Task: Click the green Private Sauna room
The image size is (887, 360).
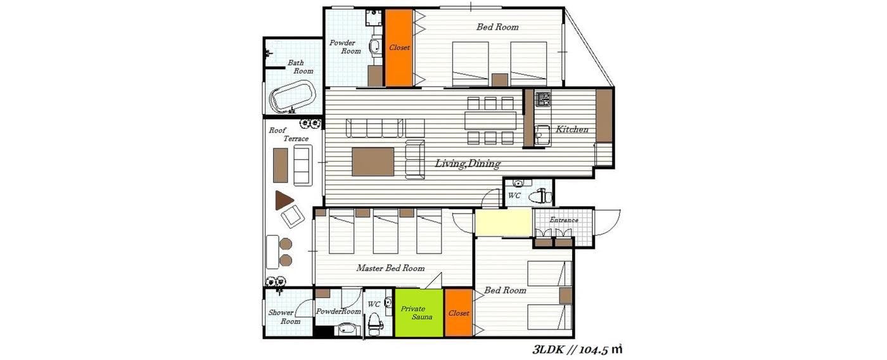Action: [x=419, y=313]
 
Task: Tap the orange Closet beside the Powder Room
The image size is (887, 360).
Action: [x=399, y=48]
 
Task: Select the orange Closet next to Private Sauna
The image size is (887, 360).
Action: [x=459, y=313]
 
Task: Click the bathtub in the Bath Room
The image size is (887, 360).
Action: [x=293, y=97]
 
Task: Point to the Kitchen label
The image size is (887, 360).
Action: [x=571, y=129]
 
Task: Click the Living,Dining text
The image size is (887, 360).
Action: [x=468, y=163]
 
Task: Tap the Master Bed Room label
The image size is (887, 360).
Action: [x=390, y=268]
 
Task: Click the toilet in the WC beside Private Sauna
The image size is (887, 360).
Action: [x=374, y=324]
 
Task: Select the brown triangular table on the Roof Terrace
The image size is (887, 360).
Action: [x=284, y=200]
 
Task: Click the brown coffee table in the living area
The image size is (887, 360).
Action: [x=373, y=162]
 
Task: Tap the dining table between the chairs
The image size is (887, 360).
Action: [x=491, y=121]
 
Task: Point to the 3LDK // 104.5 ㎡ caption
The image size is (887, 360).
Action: [x=577, y=350]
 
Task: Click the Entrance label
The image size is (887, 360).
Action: [x=564, y=220]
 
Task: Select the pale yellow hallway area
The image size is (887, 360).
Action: [x=503, y=222]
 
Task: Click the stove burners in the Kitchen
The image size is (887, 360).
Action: [x=543, y=99]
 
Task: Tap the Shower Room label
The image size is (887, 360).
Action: [x=284, y=317]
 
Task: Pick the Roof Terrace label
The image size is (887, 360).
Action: [x=289, y=134]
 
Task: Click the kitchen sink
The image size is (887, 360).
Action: [x=542, y=134]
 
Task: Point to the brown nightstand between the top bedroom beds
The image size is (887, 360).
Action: [x=499, y=80]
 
